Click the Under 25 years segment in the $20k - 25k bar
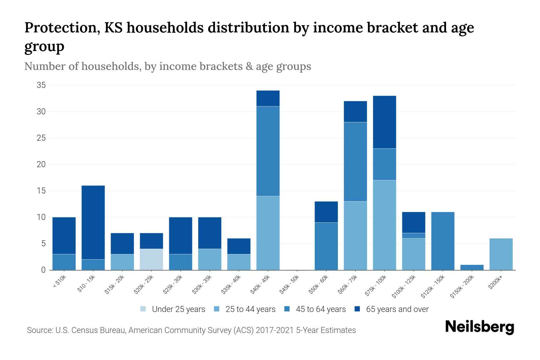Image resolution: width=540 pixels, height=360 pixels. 151,259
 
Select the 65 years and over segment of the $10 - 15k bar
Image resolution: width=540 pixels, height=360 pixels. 93,222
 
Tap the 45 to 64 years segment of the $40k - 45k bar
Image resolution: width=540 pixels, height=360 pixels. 268,151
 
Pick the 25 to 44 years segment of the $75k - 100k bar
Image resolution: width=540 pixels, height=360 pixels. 385,225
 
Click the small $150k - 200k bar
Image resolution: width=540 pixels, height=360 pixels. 472,267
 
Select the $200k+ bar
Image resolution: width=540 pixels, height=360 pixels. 501,254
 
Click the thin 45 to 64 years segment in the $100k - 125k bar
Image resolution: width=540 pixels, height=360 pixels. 414,235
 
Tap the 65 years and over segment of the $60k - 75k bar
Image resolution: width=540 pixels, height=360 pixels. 355,112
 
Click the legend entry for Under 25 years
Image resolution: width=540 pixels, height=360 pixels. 173,309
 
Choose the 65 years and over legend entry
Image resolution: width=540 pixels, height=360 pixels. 392,309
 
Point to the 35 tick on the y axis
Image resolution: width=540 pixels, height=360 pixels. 41,85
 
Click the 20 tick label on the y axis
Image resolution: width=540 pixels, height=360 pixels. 41,164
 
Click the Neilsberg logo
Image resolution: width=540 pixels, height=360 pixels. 479,327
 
